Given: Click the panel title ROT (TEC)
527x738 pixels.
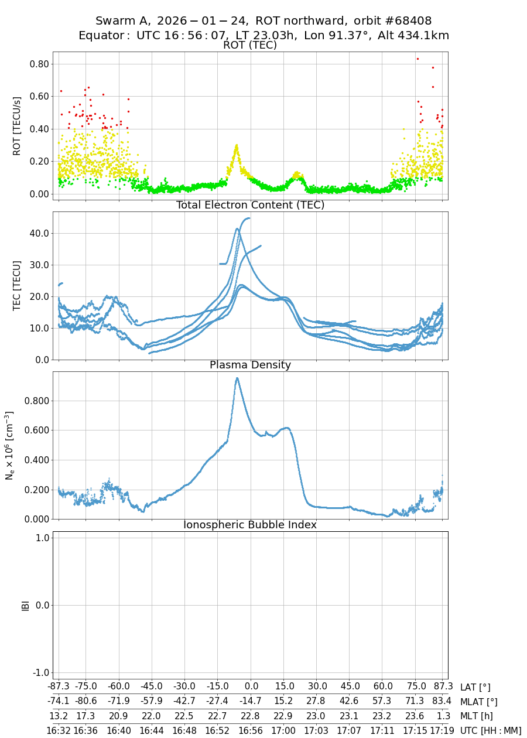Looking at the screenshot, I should [250, 46].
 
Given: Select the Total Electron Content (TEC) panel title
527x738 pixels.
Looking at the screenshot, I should [250, 205].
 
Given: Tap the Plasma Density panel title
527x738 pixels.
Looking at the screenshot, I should [250, 365].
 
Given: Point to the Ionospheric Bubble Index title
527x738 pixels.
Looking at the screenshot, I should [250, 525].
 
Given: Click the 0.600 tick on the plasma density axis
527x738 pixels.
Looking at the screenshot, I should [36, 430].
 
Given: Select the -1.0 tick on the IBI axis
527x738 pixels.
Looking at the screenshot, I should [39, 672].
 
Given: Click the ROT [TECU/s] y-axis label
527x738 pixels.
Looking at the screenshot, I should [18, 126].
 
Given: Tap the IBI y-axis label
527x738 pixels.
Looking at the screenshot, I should [25, 605].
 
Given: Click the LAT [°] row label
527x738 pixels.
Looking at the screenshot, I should [475, 688].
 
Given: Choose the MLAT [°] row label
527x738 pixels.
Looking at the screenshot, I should [479, 702].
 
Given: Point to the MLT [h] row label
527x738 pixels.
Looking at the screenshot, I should [477, 716].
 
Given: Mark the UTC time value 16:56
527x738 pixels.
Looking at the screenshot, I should [251, 730].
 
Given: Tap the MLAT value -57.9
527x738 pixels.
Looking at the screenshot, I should [152, 702].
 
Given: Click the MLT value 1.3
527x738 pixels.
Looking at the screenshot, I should [443, 716].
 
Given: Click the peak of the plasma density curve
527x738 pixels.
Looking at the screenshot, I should [237, 378].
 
